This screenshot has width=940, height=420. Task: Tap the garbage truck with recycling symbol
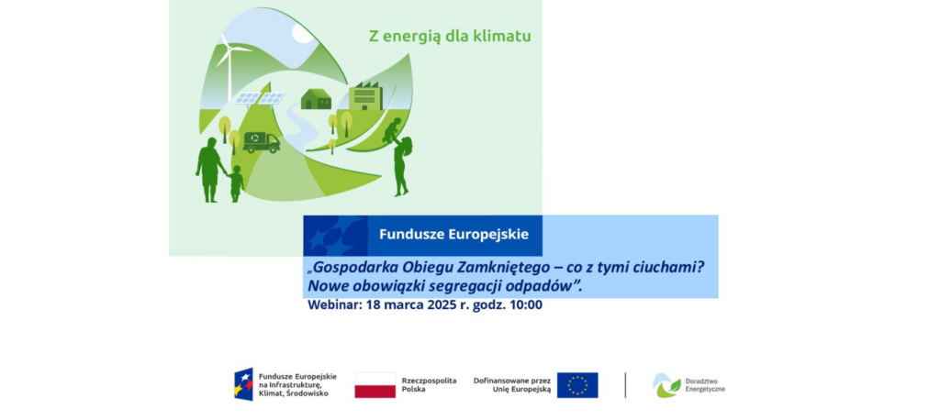tap(262, 142)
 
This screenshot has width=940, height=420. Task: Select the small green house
tap(316, 99)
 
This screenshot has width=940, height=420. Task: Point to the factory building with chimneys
tap(365, 96)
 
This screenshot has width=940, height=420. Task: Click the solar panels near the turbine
tap(259, 98)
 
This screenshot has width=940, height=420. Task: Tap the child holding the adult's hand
tap(236, 183)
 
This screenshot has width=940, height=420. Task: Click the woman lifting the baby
tap(402, 166)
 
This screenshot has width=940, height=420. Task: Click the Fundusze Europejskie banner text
tap(453, 234)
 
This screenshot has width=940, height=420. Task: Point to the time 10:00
tap(526, 305)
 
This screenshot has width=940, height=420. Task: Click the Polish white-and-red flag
tap(375, 385)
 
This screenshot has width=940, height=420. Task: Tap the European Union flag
tap(577, 385)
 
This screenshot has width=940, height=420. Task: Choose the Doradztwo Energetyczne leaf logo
tap(666, 385)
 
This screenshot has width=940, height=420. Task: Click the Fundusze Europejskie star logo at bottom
tap(243, 384)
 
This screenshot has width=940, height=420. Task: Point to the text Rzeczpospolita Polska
tap(429, 384)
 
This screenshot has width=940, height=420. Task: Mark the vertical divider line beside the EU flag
tap(625, 385)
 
